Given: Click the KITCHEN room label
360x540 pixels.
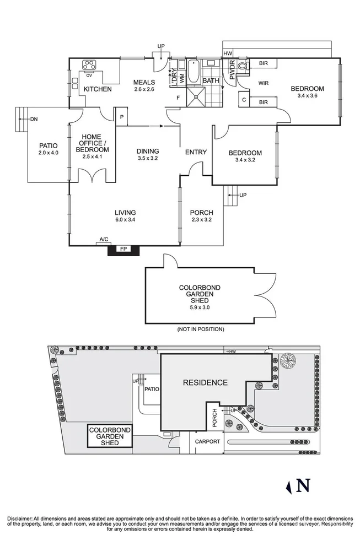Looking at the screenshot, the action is click(x=98, y=89).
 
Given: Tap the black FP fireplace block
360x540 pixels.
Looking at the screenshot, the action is click(x=123, y=249).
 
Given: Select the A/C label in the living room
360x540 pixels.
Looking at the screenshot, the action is click(x=103, y=240).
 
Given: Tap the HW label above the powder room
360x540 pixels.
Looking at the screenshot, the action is click(x=228, y=53).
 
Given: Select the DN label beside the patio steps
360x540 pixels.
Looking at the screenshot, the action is click(x=34, y=118).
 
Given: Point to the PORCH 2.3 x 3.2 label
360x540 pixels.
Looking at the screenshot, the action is click(x=201, y=216).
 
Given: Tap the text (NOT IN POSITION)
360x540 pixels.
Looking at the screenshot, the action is click(x=201, y=329).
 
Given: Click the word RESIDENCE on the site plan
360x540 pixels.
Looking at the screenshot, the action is click(x=205, y=382).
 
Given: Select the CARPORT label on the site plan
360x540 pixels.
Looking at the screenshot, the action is click(x=207, y=441).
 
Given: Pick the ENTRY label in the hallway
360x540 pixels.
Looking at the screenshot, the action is click(x=196, y=153).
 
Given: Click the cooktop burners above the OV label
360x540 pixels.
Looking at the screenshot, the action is click(x=89, y=63).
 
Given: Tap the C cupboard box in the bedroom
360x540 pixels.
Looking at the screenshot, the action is click(x=243, y=100).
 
